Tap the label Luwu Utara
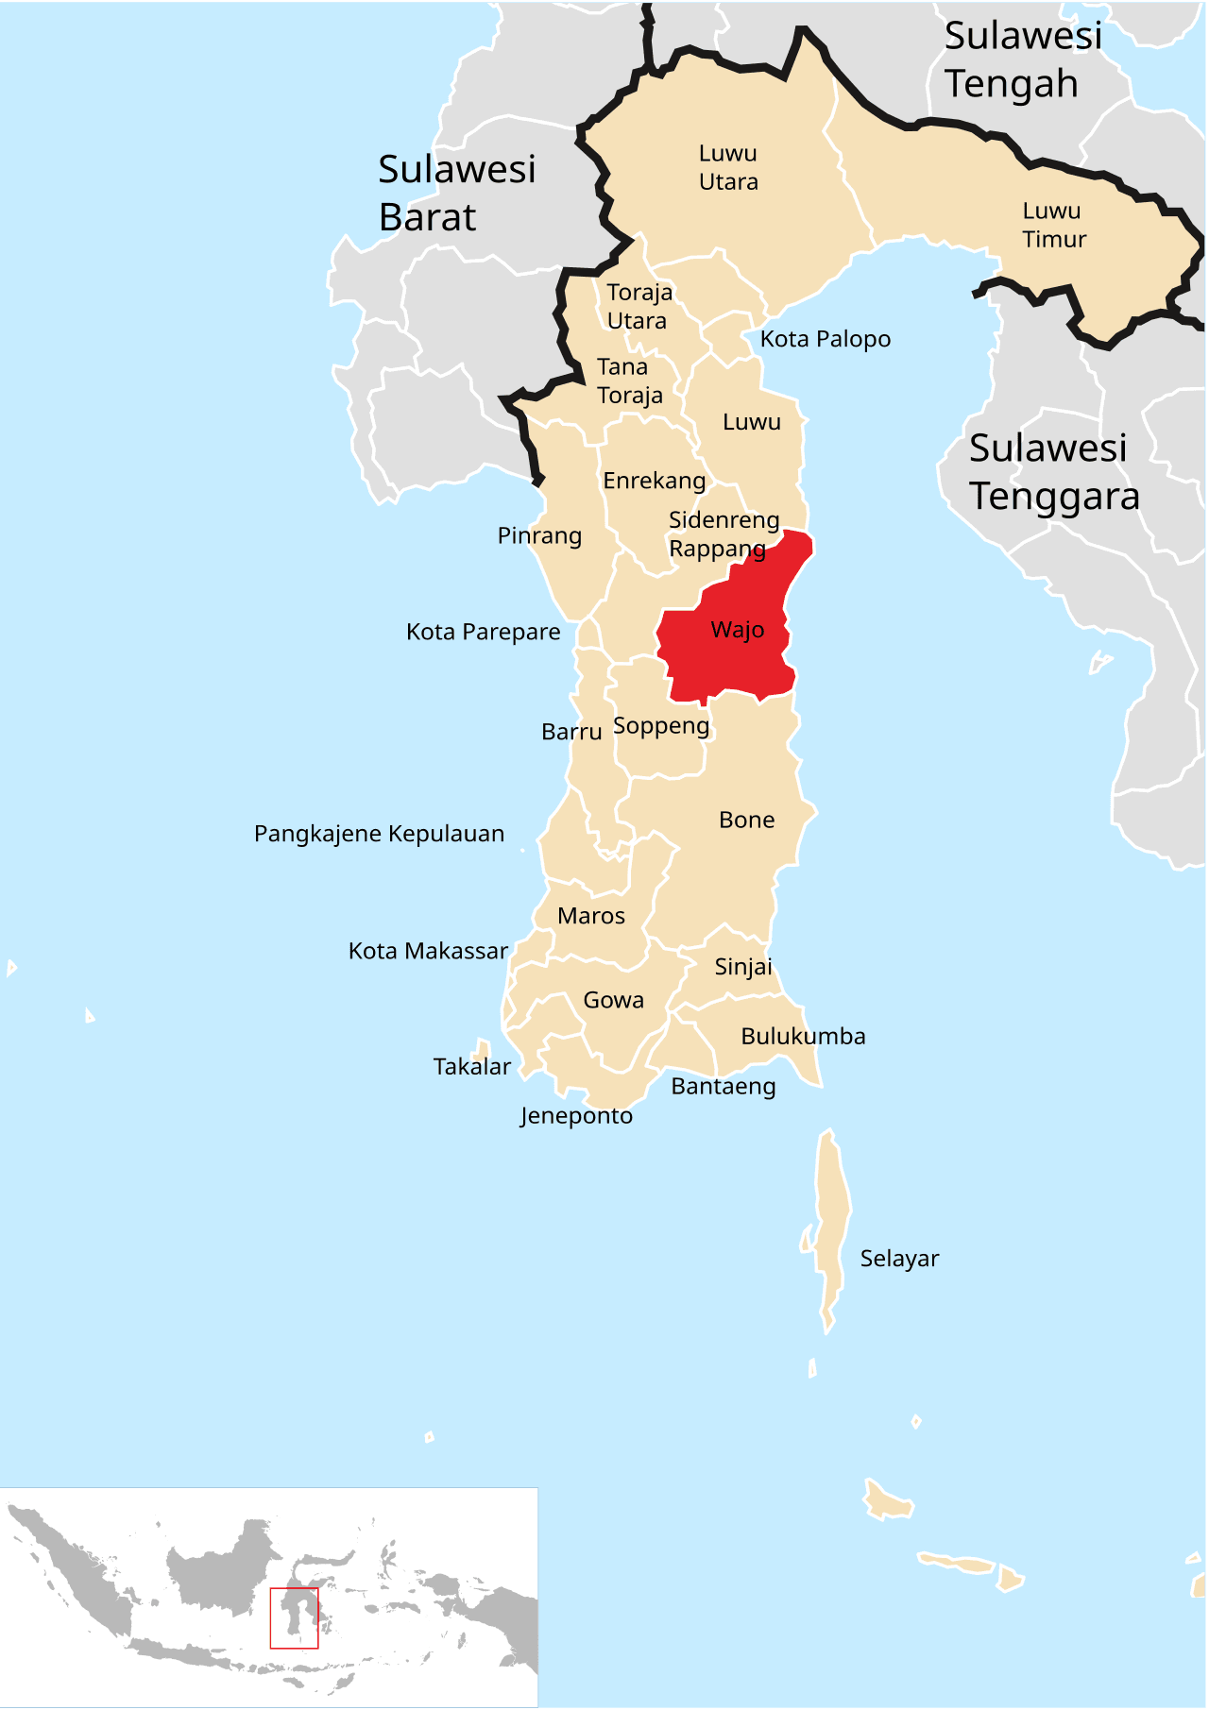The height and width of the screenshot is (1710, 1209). (x=728, y=167)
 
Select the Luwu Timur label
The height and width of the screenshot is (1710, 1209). (x=1054, y=225)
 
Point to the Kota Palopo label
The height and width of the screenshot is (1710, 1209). (x=825, y=339)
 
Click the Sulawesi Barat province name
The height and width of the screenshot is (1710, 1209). (x=456, y=193)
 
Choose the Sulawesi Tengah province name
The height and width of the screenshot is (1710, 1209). (x=1023, y=59)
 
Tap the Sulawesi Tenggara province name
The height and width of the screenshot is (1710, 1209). (x=1053, y=472)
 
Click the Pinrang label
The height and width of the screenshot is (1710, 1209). (x=539, y=536)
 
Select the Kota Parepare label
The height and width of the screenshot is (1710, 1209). (x=483, y=632)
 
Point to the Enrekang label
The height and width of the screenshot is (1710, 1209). (x=654, y=481)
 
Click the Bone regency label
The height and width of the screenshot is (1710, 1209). (x=746, y=820)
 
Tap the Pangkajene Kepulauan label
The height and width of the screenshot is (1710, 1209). (x=379, y=834)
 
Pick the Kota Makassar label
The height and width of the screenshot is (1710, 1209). (x=428, y=951)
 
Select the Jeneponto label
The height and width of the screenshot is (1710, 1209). (x=576, y=1116)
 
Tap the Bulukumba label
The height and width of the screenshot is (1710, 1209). (x=803, y=1036)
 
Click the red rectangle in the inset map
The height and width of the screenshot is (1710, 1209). (x=294, y=1618)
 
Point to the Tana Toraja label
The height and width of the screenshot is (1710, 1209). (x=629, y=381)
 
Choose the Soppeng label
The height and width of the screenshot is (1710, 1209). (x=661, y=726)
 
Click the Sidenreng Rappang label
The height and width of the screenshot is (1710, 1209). (x=724, y=533)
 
